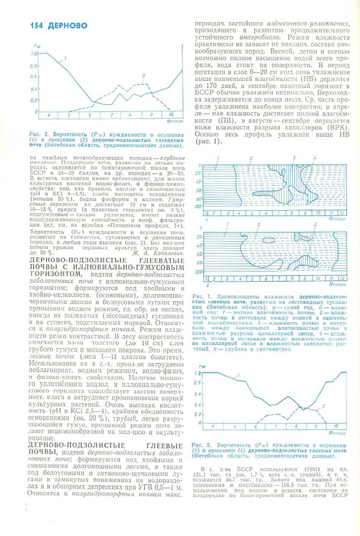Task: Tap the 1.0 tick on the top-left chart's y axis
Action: (34, 54)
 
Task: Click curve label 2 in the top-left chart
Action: (143, 76)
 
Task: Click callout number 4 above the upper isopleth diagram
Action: (314, 158)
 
